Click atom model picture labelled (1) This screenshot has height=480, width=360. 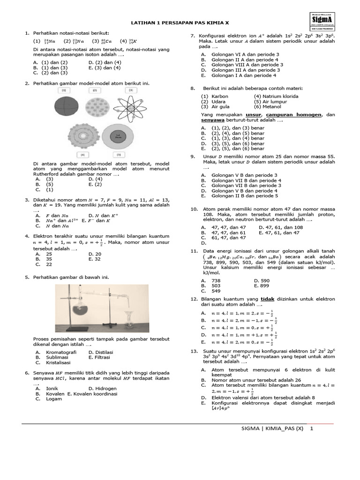[x=62, y=107]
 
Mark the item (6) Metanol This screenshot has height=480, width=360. [x=267, y=107]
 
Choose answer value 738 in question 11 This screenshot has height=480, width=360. [x=216, y=280]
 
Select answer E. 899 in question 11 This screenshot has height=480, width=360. [x=262, y=285]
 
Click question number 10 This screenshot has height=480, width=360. [x=194, y=209]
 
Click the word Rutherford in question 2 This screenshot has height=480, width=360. [x=47, y=174]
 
